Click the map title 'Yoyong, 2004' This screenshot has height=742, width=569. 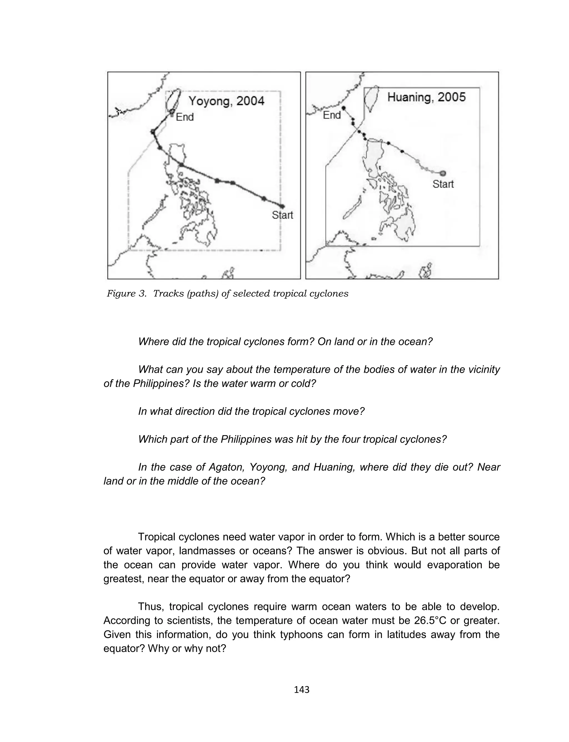click(226, 101)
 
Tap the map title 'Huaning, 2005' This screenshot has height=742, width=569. click(426, 97)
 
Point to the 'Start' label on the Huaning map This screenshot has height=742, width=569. click(443, 184)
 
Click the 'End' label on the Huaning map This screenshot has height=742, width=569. click(331, 115)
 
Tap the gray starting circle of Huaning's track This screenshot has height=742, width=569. click(443, 173)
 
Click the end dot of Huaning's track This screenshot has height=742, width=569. click(343, 108)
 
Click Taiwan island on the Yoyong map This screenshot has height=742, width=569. click(173, 100)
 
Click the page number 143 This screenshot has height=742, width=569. click(301, 689)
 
